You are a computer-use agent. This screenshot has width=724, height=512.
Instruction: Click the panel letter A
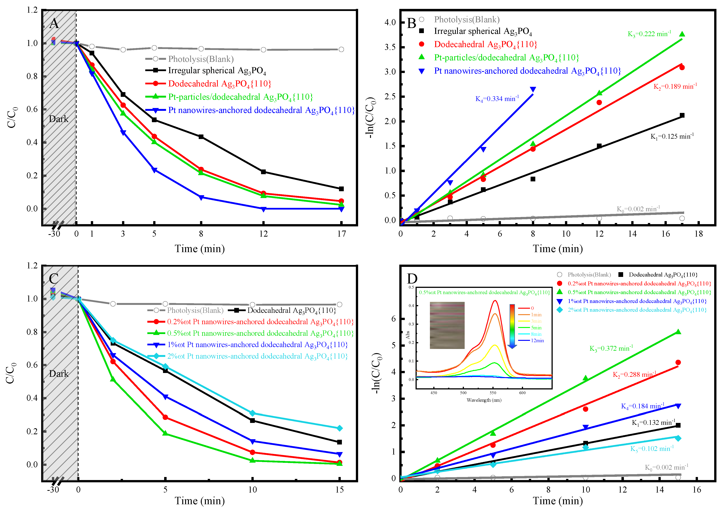54,23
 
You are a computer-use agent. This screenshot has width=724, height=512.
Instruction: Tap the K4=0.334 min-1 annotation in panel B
497,99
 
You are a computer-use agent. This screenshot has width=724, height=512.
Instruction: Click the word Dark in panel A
59,119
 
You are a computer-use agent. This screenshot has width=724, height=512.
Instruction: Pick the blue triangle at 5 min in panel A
154,170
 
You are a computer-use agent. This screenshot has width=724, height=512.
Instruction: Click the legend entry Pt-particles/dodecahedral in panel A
240,97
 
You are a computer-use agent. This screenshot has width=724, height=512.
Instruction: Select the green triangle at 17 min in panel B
682,34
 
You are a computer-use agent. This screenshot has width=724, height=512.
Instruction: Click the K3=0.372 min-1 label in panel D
611,348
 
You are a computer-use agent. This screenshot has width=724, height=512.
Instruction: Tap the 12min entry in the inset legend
537,341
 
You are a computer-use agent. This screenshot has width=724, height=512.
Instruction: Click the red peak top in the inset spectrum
495,301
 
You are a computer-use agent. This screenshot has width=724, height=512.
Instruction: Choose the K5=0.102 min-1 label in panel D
652,449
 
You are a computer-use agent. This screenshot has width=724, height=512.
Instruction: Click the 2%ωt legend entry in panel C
257,356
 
